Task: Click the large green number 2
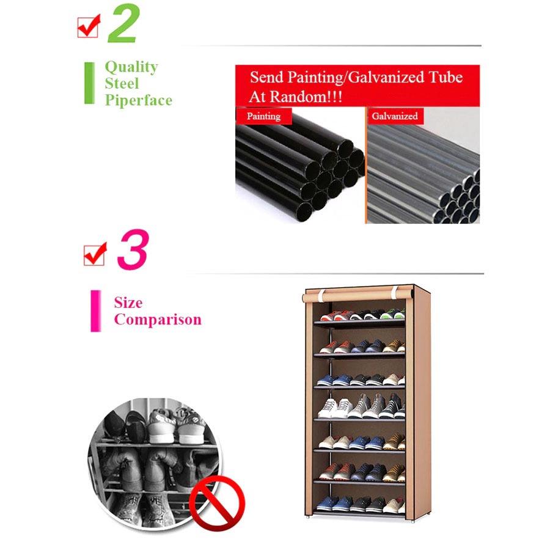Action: click(124, 23)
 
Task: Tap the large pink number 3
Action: click(133, 249)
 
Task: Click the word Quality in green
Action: click(131, 67)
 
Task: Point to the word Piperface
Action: click(139, 100)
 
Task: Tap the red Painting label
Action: click(264, 116)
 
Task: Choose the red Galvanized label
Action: click(395, 116)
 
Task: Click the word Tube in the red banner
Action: click(446, 77)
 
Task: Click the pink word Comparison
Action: click(158, 320)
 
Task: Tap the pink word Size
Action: click(128, 302)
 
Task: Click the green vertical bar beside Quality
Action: click(89, 83)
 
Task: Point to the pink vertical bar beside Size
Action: click(96, 311)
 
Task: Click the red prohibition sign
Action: click(217, 504)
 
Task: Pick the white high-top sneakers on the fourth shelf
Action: click(335, 408)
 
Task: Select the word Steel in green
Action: click(122, 84)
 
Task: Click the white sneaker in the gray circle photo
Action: click(162, 426)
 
